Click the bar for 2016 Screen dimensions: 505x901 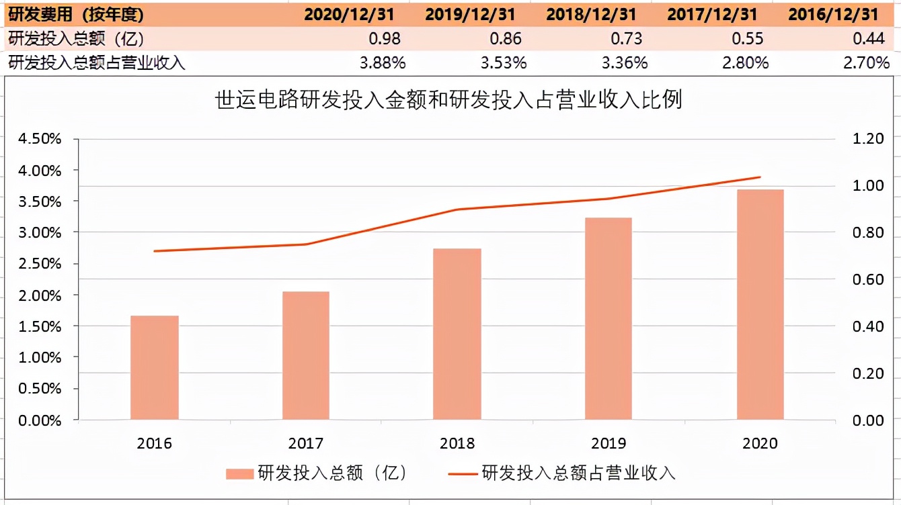point(155,367)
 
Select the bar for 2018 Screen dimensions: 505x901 point(457,334)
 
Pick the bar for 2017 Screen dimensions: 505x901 point(306,355)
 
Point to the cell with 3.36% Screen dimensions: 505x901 point(625,63)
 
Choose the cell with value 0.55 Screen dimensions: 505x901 point(747,38)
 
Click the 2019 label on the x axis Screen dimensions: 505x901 point(609,443)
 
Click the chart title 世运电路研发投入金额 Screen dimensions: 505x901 point(448,100)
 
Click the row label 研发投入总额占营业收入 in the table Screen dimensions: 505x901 point(97,63)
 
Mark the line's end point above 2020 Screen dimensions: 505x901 point(760,177)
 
